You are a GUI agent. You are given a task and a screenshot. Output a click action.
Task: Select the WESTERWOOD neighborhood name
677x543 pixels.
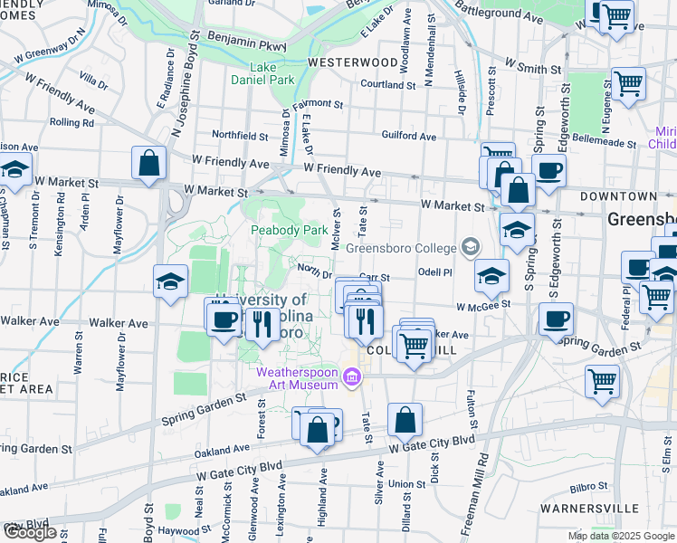tap(352, 62)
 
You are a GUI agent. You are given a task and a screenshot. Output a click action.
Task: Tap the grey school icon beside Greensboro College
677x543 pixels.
tap(470, 246)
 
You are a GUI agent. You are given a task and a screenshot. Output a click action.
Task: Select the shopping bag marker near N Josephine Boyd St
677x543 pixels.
tap(149, 164)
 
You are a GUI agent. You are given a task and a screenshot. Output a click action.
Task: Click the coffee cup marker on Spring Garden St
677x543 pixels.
tap(556, 319)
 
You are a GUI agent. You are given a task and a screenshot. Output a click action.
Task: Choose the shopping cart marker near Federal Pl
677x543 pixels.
tap(601, 380)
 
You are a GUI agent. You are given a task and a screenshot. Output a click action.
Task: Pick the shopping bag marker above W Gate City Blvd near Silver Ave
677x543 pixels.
tap(405, 420)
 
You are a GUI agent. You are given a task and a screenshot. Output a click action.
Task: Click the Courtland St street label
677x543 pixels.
tap(387, 85)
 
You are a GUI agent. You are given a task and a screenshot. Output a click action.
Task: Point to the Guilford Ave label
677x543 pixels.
tap(409, 137)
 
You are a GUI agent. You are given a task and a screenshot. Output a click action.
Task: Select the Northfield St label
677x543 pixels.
tap(240, 136)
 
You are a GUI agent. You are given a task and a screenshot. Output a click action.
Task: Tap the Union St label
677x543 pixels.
tap(407, 484)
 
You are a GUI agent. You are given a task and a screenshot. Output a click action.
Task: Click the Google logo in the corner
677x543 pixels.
tap(30, 532)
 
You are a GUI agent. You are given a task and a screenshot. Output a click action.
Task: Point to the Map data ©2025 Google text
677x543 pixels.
tap(620, 536)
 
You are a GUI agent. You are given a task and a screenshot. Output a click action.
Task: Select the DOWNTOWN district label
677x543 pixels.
tap(618, 196)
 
